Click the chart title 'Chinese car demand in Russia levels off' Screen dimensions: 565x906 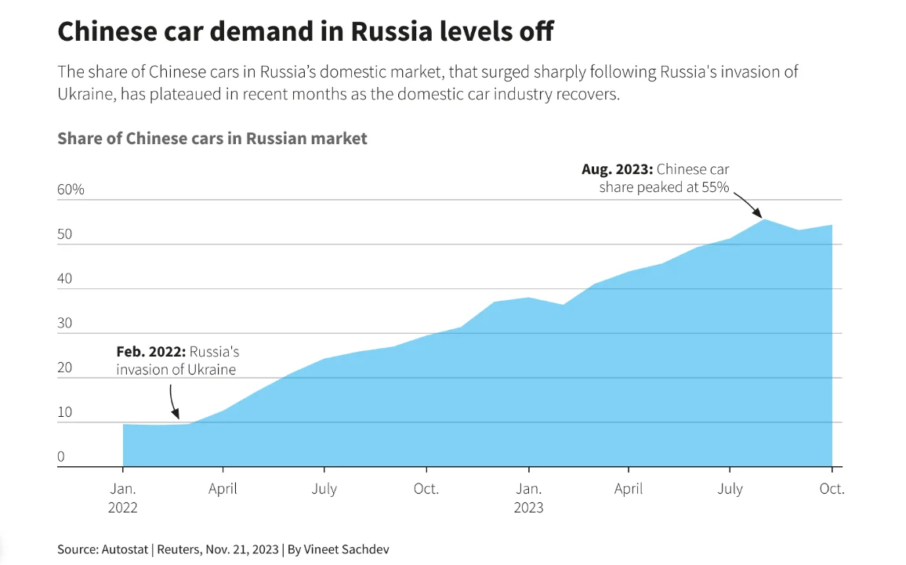coord(306,32)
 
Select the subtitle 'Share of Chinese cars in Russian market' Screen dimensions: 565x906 coord(212,139)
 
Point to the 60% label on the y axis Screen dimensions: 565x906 coord(71,190)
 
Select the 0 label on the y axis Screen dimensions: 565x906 coord(62,457)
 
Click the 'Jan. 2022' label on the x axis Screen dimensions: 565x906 coord(122,498)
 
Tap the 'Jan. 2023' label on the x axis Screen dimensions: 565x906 coord(528,498)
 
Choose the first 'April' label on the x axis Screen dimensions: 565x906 coord(223,489)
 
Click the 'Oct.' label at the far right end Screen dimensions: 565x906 coord(832,489)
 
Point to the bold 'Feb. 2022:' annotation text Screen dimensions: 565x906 coord(151,353)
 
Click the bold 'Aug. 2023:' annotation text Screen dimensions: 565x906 coord(617,169)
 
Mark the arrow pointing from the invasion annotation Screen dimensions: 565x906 coord(173,401)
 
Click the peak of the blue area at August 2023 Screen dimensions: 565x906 coord(764,220)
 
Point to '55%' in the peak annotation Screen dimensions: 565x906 coord(713,187)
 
